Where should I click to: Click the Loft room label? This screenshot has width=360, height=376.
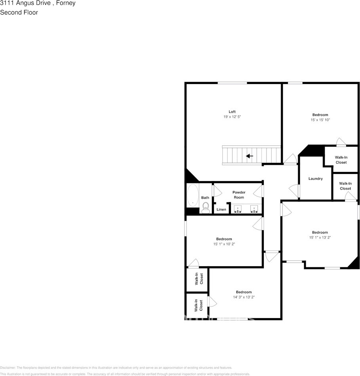point(232,111)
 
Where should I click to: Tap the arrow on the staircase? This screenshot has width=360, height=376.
point(250,156)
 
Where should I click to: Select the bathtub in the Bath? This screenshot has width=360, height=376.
point(193,195)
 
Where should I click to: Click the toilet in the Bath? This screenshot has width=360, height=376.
point(205,207)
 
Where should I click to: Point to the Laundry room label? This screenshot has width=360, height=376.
point(316,179)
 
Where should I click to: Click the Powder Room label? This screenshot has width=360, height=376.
point(238,195)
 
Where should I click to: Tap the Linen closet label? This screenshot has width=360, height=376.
point(221,209)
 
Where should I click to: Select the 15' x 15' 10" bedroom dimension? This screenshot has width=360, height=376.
point(320,120)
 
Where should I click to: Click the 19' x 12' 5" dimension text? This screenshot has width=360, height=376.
point(232,117)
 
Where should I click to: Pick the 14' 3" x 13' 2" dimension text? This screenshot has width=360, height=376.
point(244,297)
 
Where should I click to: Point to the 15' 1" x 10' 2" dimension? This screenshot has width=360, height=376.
point(224,244)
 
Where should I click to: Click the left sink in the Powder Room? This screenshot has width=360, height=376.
point(238,208)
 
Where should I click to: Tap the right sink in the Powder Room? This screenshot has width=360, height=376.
point(254,208)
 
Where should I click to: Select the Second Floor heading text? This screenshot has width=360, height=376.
point(19,12)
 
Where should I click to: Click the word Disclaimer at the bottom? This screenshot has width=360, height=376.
point(8,368)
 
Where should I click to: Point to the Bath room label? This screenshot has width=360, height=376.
point(205,198)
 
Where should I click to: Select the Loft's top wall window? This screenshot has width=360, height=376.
point(232,82)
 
